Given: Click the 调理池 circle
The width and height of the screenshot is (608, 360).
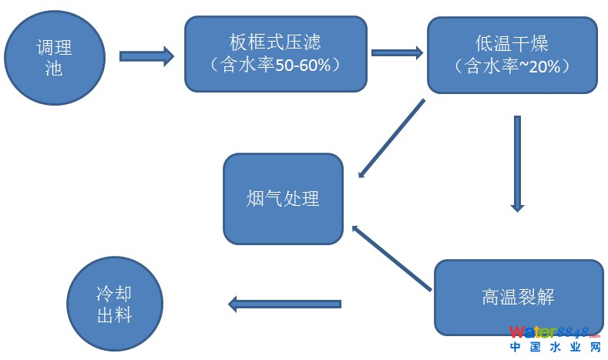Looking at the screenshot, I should [54, 58].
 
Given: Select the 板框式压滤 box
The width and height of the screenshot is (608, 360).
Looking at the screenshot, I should [275, 53].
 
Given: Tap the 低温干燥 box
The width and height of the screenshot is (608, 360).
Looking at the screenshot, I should [512, 56].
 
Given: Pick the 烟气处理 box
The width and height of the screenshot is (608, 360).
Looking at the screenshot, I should [283, 199].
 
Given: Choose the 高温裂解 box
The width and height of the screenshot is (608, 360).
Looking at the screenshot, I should [518, 297].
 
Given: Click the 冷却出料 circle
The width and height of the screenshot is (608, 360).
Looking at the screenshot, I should [115, 304].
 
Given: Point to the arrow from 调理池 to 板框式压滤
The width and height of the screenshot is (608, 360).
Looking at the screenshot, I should [146, 56].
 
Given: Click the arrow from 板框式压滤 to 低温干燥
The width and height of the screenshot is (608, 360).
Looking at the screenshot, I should [397, 52].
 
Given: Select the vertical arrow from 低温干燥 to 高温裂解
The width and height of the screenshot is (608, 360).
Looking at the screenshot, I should [517, 163].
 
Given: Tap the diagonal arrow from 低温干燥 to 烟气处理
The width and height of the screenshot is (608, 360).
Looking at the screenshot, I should [391, 138].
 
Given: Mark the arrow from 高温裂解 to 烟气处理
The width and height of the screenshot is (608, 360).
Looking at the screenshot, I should [391, 259].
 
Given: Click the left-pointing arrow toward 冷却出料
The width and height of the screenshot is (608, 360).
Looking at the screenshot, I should [284, 304].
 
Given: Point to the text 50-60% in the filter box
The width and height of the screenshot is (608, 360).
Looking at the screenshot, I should [302, 66].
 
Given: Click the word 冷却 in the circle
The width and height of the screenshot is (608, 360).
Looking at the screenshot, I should [114, 294].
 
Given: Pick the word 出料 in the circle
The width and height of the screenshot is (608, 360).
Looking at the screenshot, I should [114, 315].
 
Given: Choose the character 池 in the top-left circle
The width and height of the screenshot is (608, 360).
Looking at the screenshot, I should [54, 69].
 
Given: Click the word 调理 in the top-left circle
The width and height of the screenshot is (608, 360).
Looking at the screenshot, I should [54, 48].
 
